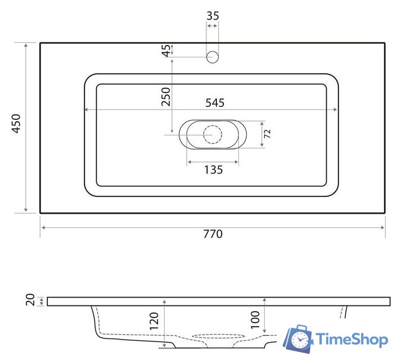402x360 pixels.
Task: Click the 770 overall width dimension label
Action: pyautogui.click(x=213, y=234)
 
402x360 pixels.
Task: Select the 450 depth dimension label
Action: pyautogui.click(x=16, y=124)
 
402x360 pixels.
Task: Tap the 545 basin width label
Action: pyautogui.click(x=215, y=103)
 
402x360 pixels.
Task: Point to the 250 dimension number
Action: pyautogui.click(x=166, y=97)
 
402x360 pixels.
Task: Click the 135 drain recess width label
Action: pyautogui.click(x=213, y=170)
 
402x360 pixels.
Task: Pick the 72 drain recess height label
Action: pyautogui.click(x=267, y=133)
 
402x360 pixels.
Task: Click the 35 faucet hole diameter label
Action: pyautogui.click(x=213, y=16)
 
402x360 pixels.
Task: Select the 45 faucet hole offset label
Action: pyautogui.click(x=166, y=51)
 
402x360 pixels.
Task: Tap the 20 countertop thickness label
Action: pyautogui.click(x=30, y=300)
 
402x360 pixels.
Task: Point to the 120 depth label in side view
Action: pyautogui.click(x=154, y=321)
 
